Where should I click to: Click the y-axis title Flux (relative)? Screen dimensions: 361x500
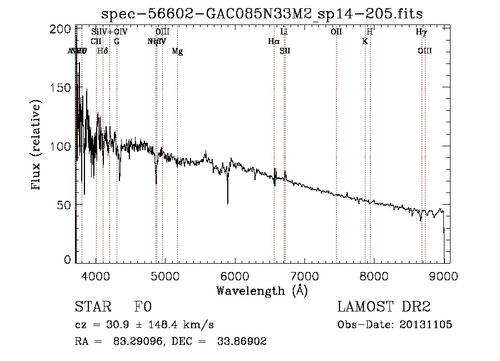[37, 145]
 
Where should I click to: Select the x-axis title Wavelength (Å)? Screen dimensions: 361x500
[262, 290]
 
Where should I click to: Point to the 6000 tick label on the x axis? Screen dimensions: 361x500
[235, 275]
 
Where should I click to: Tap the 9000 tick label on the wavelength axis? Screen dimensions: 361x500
[443, 275]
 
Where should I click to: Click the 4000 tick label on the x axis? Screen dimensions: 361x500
[96, 275]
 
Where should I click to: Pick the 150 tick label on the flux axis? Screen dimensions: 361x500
[62, 88]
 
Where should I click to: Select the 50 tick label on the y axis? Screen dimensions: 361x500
[65, 205]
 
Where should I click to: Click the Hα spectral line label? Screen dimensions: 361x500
[273, 41]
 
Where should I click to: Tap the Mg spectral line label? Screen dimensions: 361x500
[177, 51]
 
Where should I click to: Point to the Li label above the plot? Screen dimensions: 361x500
[284, 32]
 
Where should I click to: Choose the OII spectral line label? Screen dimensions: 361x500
[336, 32]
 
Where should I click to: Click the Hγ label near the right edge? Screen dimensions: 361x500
[422, 32]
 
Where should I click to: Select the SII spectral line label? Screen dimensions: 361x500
[285, 51]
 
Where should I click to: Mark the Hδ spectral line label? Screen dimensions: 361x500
[102, 51]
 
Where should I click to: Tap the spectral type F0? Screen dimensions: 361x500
[143, 307]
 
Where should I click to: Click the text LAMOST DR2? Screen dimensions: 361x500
[384, 307]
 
